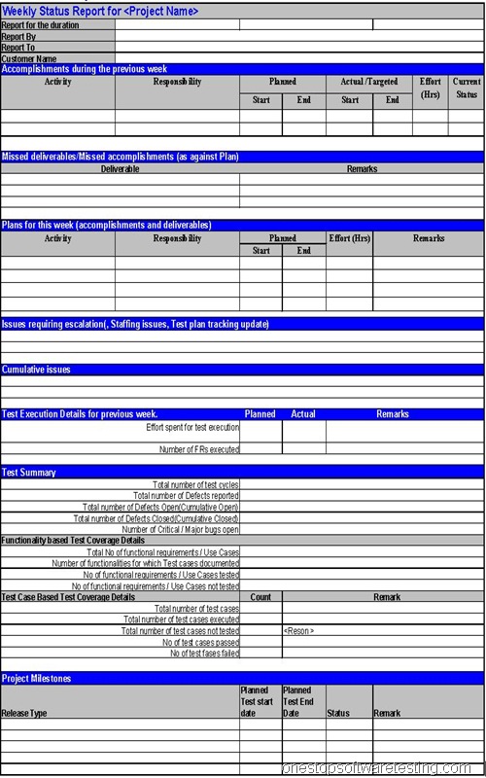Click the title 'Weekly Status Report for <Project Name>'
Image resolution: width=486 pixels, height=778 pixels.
[x=100, y=11]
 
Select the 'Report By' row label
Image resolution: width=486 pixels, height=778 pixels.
[x=19, y=36]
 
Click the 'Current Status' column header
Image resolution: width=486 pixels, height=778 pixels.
[x=467, y=88]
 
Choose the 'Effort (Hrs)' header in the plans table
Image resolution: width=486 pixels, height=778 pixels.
[x=349, y=238]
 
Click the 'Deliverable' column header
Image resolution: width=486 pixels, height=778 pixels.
[x=120, y=169]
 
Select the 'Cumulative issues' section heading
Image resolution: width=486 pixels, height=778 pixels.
[x=36, y=370]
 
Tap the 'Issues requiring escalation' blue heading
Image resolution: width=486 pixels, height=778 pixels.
[x=135, y=324]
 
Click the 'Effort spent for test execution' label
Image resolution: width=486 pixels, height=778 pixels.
[x=192, y=427]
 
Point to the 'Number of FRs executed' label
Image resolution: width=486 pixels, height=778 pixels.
[x=199, y=449]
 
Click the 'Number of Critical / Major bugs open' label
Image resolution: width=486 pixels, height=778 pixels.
[x=180, y=529]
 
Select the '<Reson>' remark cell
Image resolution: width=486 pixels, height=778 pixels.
[x=299, y=631]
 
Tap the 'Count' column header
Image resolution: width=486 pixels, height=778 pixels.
[x=260, y=597]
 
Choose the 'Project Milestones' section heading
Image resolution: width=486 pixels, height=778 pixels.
[x=37, y=678]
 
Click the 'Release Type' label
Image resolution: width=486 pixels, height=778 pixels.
[x=24, y=713]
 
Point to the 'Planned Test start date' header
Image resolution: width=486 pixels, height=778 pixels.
[x=258, y=701]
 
